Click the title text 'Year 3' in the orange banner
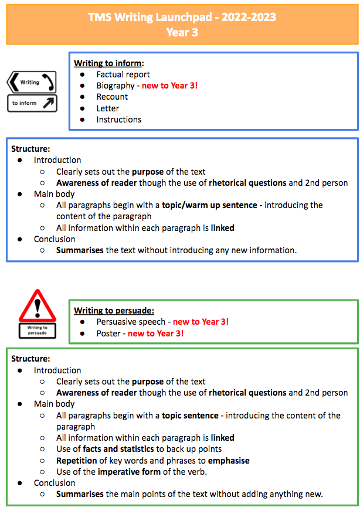point(182,32)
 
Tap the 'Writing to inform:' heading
point(109,63)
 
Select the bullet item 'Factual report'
point(123,75)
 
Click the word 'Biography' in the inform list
point(116,86)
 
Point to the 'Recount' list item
point(112,97)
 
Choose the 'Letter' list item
point(107,108)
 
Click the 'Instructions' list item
point(118,120)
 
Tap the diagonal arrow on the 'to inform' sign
point(49,103)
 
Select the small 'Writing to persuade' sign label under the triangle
point(38,331)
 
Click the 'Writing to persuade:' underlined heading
point(114,311)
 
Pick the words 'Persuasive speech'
point(131,322)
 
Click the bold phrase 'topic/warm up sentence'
point(209,206)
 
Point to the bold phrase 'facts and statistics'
point(118,449)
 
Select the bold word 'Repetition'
point(77,461)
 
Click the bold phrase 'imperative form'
point(129,472)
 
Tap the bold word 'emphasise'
point(229,461)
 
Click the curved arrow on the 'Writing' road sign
point(48,81)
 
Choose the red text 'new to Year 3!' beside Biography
point(169,86)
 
